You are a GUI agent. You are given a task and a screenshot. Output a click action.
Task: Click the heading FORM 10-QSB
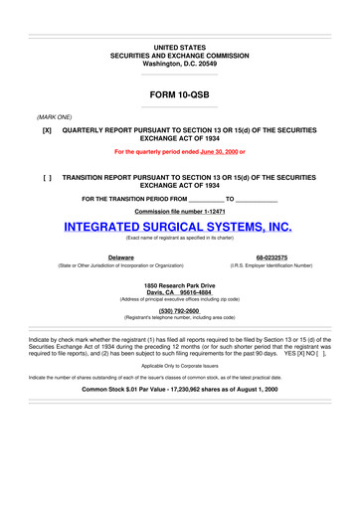179,97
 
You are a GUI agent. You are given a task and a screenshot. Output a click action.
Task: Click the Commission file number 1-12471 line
179,212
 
